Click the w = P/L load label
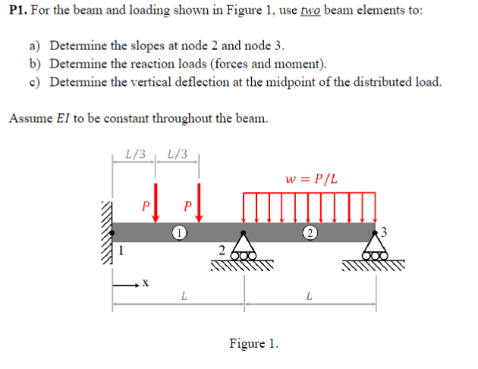point(311,180)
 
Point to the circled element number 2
point(310,232)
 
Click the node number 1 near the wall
point(120,247)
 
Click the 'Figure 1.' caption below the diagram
point(253,344)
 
